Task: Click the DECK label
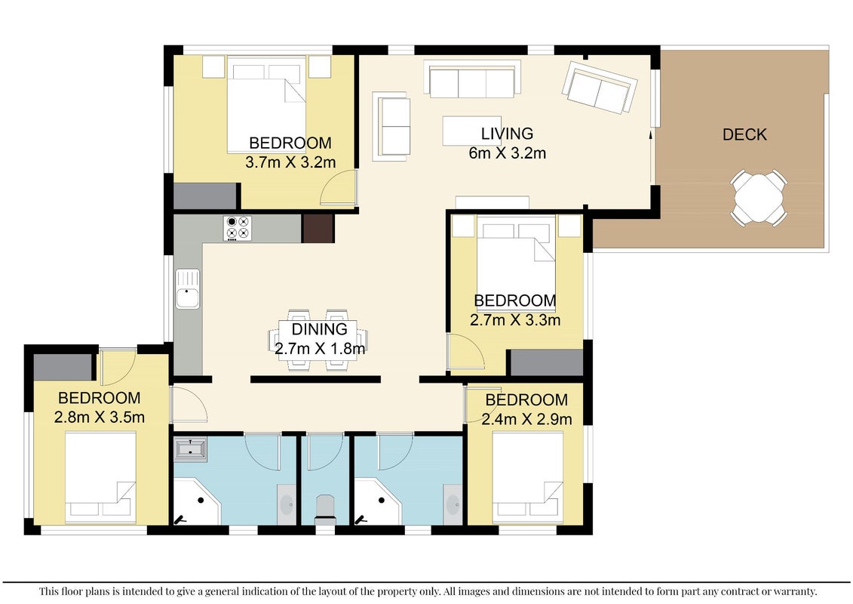click(744, 134)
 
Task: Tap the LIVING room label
click(507, 134)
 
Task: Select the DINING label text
click(319, 329)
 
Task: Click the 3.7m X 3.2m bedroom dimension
click(290, 162)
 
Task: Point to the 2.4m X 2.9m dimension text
click(526, 419)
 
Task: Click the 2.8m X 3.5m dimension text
click(100, 418)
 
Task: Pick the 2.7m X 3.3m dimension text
click(515, 319)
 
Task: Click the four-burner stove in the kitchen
click(238, 228)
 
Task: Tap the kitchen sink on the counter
click(188, 289)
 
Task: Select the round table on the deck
click(758, 197)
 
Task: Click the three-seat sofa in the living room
click(471, 79)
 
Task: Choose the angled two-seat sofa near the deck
click(600, 87)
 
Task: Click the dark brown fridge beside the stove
click(318, 228)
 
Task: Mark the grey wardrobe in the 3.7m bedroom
click(205, 196)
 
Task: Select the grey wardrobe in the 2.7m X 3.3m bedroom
click(547, 362)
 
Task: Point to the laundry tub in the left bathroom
click(190, 449)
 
